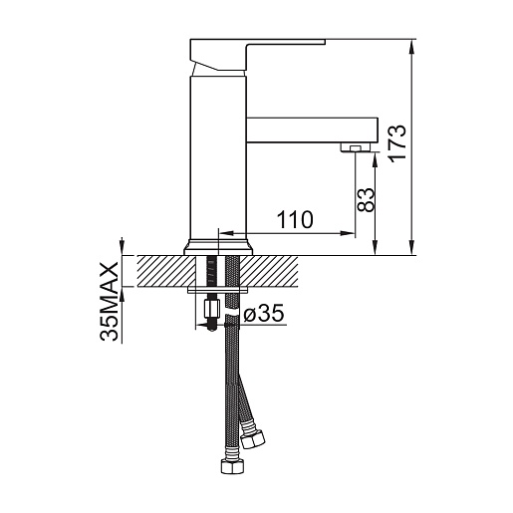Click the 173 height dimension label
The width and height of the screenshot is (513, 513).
396,143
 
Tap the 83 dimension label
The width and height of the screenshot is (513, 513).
365,199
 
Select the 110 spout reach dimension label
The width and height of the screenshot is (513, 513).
295,219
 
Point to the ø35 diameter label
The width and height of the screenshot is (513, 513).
264,313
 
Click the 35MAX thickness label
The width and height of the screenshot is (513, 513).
109,301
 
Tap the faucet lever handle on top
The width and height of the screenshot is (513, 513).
246,55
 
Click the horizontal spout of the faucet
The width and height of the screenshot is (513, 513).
312,130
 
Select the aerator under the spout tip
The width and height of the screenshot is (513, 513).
356,147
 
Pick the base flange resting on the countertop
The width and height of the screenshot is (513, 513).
218,247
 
